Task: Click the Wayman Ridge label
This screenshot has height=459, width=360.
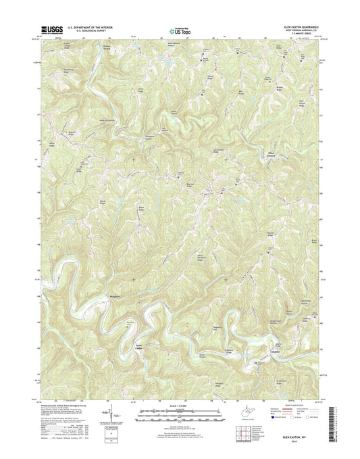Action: coord(267,236)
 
